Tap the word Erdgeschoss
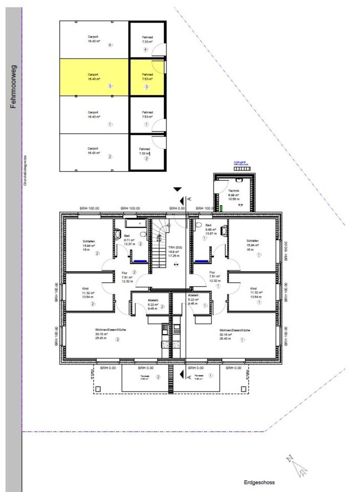[x=259, y=482]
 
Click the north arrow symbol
[x=297, y=464]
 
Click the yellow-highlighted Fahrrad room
[x=147, y=77]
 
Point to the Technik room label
[x=234, y=190]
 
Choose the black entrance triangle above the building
[x=178, y=189]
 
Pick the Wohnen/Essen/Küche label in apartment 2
[x=107, y=330]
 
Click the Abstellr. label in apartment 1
[x=193, y=296]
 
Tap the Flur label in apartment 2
[x=124, y=273]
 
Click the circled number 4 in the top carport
[x=110, y=45]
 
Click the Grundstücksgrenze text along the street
[x=25, y=169]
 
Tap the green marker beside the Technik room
[x=221, y=208]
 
